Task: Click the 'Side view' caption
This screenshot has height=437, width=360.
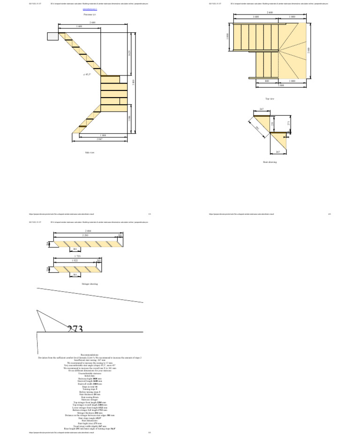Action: point(89,152)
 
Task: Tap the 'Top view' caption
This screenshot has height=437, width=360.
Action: point(270,99)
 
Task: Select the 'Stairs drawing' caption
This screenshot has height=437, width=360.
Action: point(270,162)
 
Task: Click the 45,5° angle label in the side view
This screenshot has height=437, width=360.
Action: point(87,75)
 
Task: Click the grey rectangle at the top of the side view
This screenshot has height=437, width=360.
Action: point(52,36)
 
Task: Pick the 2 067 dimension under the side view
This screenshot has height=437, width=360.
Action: point(99,139)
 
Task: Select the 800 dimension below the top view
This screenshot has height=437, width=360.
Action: point(267,81)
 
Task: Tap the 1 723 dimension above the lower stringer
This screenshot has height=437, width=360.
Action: point(78,256)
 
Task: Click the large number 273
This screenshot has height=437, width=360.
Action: point(75,330)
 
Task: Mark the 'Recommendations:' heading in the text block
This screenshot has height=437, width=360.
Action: point(90,355)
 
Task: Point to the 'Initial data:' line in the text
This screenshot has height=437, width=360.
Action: point(90,376)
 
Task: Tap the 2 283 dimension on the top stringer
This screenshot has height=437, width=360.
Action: point(86,234)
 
